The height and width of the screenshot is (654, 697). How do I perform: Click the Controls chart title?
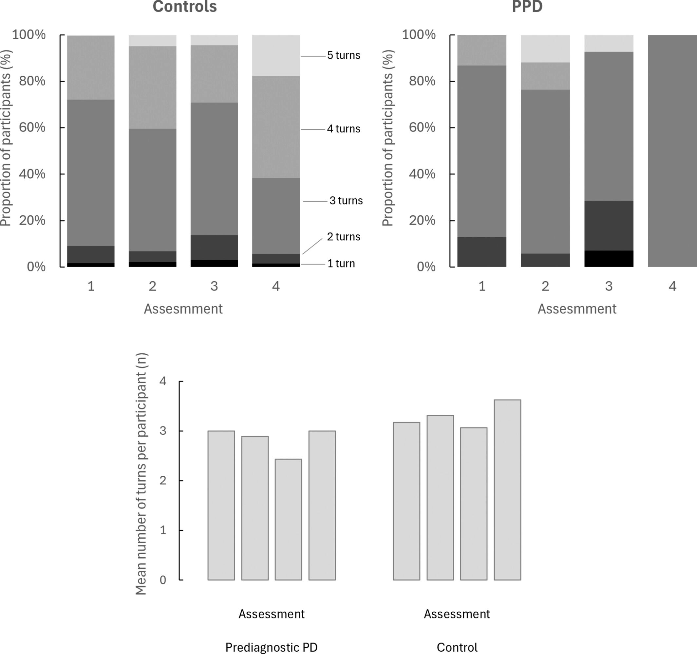pyautogui.click(x=185, y=6)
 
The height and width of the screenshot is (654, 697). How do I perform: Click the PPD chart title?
pyautogui.click(x=527, y=6)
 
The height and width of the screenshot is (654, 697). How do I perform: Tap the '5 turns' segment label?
pyautogui.click(x=344, y=55)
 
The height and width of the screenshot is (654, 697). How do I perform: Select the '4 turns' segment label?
pyautogui.click(x=344, y=129)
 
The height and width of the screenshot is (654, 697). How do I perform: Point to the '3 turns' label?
pyautogui.click(x=346, y=201)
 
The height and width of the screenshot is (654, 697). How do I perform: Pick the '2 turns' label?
pyautogui.click(x=344, y=237)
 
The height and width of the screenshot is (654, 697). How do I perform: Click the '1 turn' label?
pyautogui.click(x=341, y=264)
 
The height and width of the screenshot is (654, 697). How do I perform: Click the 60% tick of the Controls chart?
pyautogui.click(x=32, y=128)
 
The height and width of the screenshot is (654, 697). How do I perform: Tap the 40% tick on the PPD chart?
pyautogui.click(x=422, y=174)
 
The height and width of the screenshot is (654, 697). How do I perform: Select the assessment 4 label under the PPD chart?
pyautogui.click(x=672, y=286)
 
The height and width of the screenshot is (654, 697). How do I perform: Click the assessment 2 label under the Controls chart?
pyautogui.click(x=152, y=286)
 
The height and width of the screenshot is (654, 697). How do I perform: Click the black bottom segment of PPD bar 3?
pyautogui.click(x=609, y=259)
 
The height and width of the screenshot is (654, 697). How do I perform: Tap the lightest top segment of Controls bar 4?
pyautogui.click(x=276, y=55)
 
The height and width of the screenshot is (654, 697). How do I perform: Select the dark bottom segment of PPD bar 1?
pyautogui.click(x=482, y=251)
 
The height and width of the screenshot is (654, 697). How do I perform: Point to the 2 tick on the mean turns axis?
pyautogui.click(x=163, y=480)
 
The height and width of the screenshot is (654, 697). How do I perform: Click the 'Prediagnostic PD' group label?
pyautogui.click(x=272, y=647)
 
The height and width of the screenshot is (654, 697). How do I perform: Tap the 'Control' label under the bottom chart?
pyautogui.click(x=457, y=647)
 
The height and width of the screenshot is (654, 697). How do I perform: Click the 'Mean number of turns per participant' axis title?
pyautogui.click(x=141, y=474)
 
